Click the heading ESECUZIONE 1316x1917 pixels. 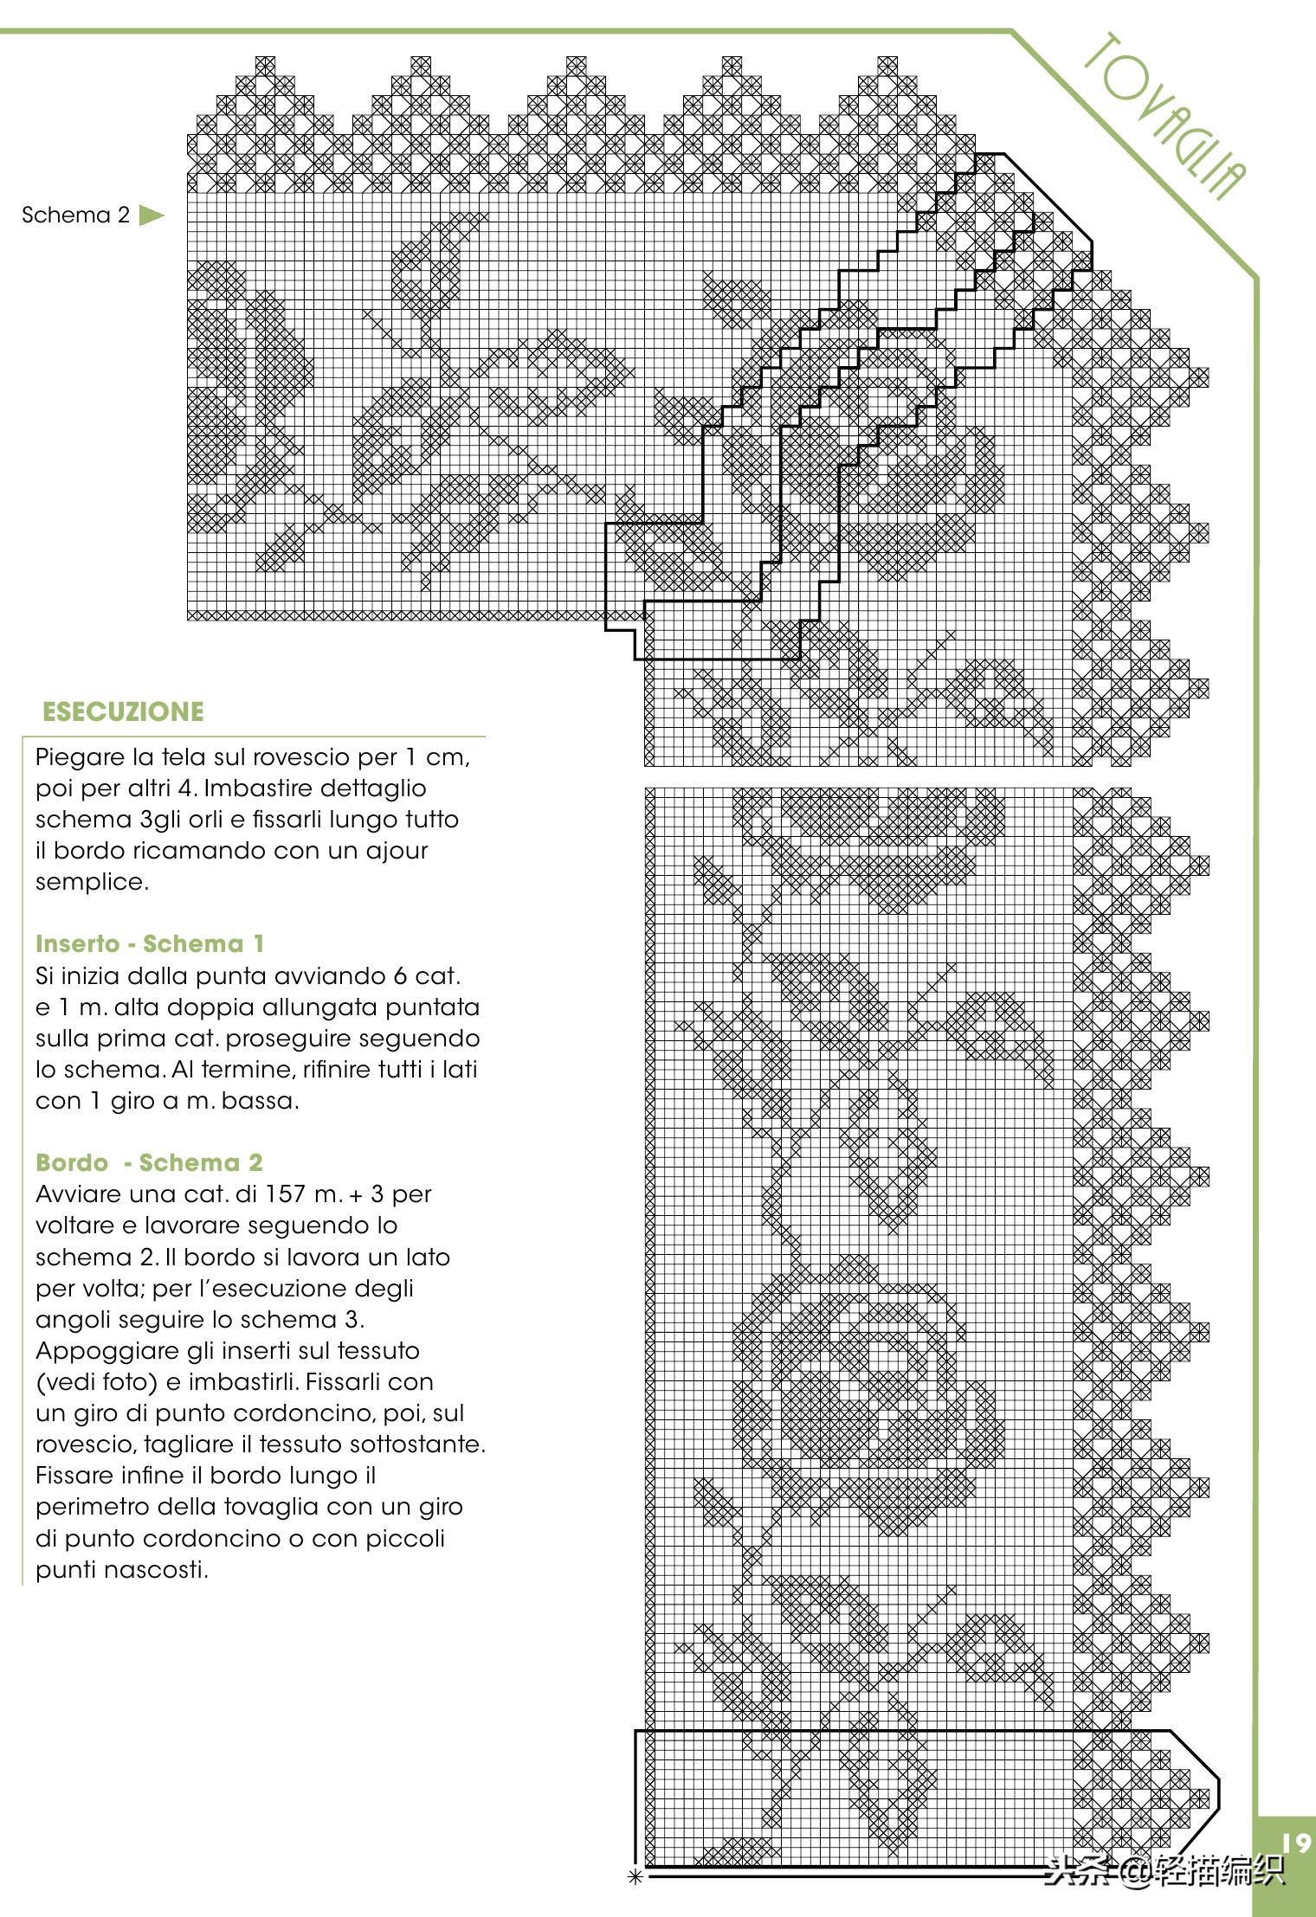coord(123,711)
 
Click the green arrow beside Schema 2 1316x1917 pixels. coord(151,216)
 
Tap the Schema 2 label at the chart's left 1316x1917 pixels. coord(75,216)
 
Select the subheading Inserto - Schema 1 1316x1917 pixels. coord(149,943)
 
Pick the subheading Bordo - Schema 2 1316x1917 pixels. coord(149,1162)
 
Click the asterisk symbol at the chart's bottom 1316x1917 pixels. coord(635,1877)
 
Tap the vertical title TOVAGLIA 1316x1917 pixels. coord(1165,116)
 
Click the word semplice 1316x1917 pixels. coord(92,882)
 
